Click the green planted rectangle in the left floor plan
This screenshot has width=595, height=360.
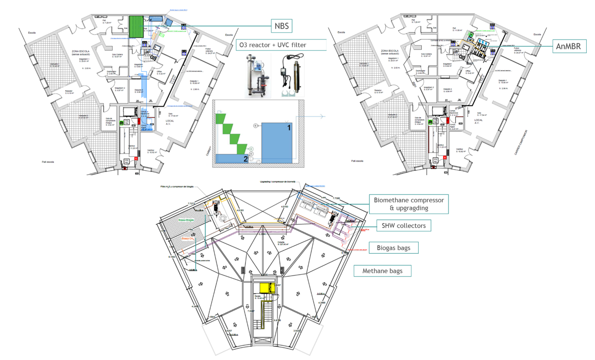[136, 26]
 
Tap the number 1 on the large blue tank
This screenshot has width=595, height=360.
[288, 128]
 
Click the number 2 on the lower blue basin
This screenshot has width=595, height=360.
[246, 159]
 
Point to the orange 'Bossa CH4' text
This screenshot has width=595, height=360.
[188, 239]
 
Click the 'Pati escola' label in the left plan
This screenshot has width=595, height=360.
[48, 161]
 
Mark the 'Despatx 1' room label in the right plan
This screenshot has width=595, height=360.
[502, 80]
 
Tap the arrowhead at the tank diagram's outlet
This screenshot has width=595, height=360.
[323, 117]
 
